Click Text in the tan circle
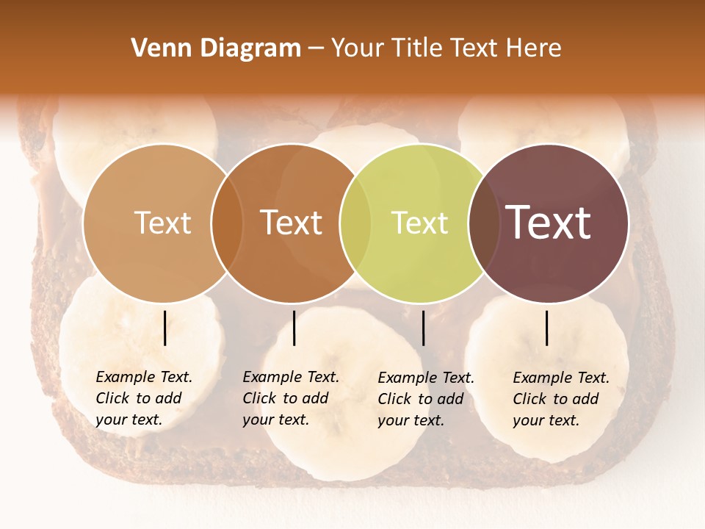[x=162, y=223]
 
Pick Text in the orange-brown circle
[x=292, y=223]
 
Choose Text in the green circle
[x=419, y=223]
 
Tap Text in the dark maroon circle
[x=549, y=223]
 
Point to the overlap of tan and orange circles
[x=227, y=223]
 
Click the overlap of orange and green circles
[x=355, y=223]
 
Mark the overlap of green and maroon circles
[x=484, y=223]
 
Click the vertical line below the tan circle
[x=164, y=328]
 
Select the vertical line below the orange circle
[x=294, y=328]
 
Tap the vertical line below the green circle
[x=423, y=328]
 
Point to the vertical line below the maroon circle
[x=546, y=328]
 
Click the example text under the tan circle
[x=144, y=398]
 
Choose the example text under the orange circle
[x=291, y=398]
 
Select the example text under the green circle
[x=426, y=399]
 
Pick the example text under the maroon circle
[x=561, y=399]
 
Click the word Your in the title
[x=358, y=48]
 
